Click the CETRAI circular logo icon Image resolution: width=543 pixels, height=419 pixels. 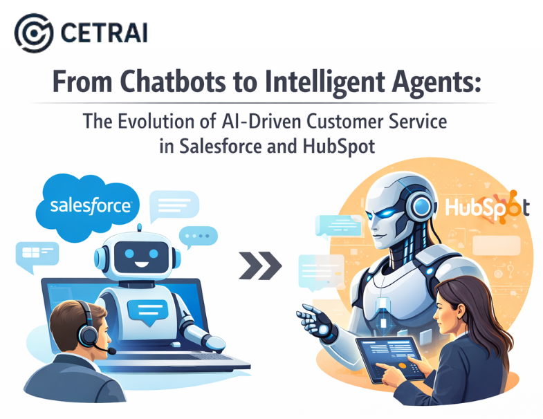pyautogui.click(x=33, y=33)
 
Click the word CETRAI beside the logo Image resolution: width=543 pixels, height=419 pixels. pyautogui.click(x=104, y=33)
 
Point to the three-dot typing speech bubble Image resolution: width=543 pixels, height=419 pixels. pyautogui.click(x=200, y=237)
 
